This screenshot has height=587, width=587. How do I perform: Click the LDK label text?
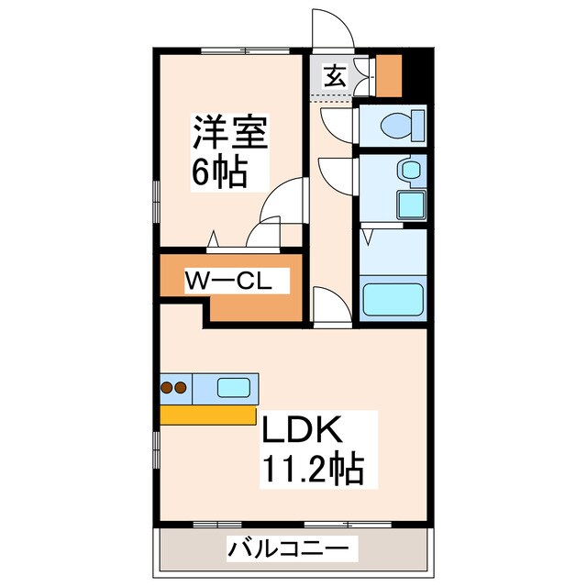(304, 430)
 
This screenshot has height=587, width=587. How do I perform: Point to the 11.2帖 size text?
(315, 471)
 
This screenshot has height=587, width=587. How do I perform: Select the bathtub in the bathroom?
(393, 299)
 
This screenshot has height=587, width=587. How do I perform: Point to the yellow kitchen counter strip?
(208, 415)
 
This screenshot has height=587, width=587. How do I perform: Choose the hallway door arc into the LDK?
(327, 302)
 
